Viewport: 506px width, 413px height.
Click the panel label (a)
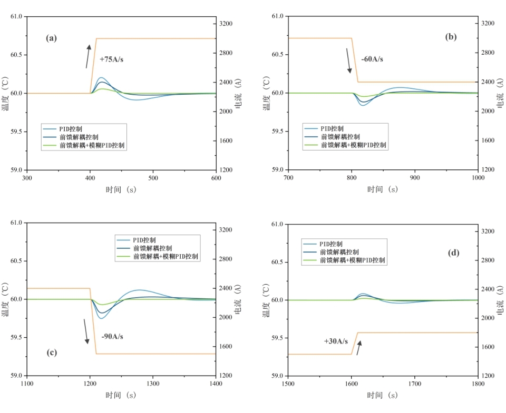pos(51,38)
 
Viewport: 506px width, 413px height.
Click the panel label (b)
pos(451,37)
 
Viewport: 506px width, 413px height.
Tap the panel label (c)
pos(52,352)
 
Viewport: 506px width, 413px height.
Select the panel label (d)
pos(454,253)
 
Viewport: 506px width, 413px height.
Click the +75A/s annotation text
pos(111,59)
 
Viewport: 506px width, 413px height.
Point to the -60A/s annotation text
pos(372,59)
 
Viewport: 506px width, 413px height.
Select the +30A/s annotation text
pos(336,341)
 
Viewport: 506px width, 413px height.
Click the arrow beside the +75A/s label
pos(88,56)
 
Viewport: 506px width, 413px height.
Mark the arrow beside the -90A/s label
pos(85,331)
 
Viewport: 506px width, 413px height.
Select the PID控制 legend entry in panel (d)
pos(332,244)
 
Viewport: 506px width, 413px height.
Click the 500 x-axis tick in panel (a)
pos(153,178)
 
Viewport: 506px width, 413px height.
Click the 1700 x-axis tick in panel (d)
pos(415,384)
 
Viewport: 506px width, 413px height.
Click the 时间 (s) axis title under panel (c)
pos(121,396)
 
